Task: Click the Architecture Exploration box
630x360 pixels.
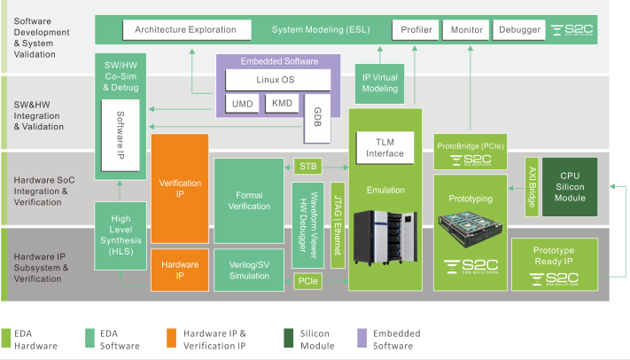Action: (x=186, y=30)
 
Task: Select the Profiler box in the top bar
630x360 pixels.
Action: (x=416, y=30)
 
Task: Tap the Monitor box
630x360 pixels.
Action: (x=466, y=30)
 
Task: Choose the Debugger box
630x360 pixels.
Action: (x=519, y=30)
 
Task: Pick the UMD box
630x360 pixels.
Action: (x=242, y=105)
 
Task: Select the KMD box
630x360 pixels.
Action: (x=282, y=105)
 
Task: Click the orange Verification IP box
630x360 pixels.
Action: (x=180, y=189)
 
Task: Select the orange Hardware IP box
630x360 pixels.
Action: (x=180, y=270)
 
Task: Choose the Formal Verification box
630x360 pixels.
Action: (x=249, y=200)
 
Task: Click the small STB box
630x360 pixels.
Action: (x=307, y=166)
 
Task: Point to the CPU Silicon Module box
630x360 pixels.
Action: (x=569, y=186)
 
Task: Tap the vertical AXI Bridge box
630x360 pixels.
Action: (x=532, y=187)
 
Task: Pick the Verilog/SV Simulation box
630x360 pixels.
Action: (x=249, y=270)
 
